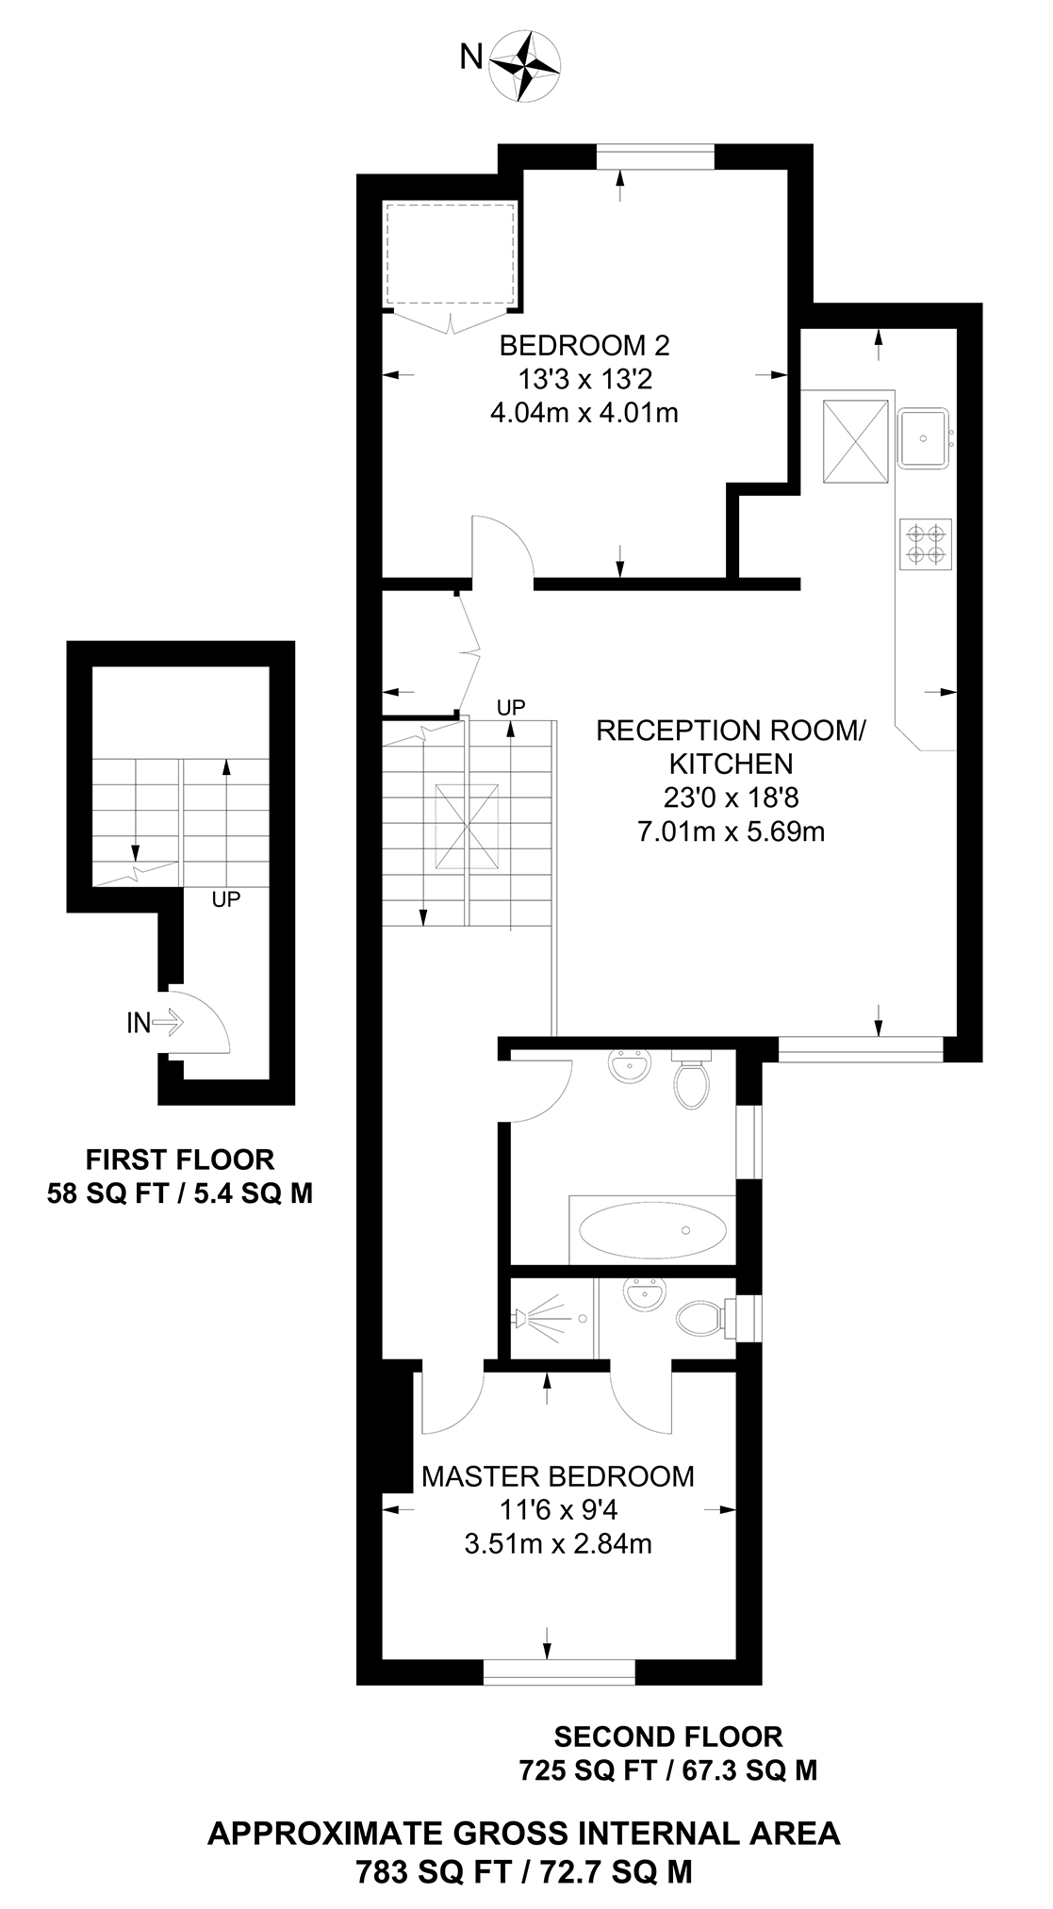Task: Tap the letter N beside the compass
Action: (x=470, y=58)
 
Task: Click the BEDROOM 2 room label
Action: (x=584, y=346)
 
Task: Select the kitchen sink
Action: (x=924, y=437)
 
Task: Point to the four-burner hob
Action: (x=925, y=544)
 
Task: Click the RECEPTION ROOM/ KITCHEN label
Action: (x=731, y=747)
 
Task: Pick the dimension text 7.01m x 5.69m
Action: (x=732, y=831)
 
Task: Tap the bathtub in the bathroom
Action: (x=652, y=1230)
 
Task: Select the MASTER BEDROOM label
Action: (x=558, y=1476)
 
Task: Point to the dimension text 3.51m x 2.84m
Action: (x=558, y=1544)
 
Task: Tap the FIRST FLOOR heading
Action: (x=180, y=1160)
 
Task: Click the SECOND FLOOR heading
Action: (x=668, y=1736)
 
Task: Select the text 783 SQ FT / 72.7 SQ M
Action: (x=524, y=1871)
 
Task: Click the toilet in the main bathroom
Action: (x=692, y=1082)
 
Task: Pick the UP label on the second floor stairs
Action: (x=511, y=707)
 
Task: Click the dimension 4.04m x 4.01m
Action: (x=584, y=413)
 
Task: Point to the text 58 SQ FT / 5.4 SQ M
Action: (x=180, y=1193)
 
